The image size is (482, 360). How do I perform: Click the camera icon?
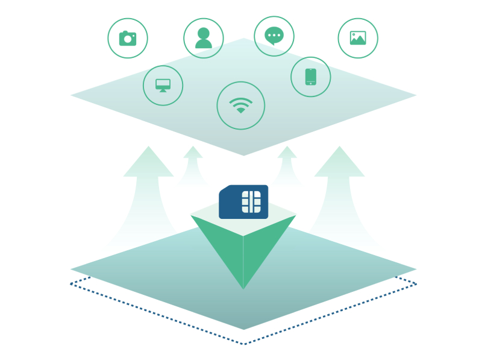[x=128, y=38]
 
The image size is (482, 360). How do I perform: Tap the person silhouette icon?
[x=204, y=38]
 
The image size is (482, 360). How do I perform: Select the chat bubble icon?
[x=274, y=36]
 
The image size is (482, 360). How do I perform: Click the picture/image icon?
[x=358, y=38]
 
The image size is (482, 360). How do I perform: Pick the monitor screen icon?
[x=163, y=85]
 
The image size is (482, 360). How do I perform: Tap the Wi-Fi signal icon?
[x=241, y=106]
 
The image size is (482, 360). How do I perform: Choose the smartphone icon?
[x=311, y=77]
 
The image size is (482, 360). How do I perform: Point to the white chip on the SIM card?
[x=251, y=201]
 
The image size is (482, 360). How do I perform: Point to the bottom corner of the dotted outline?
[x=243, y=344]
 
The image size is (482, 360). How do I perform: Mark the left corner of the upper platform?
[x=73, y=95]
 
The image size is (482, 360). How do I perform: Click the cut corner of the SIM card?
[x=222, y=189]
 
